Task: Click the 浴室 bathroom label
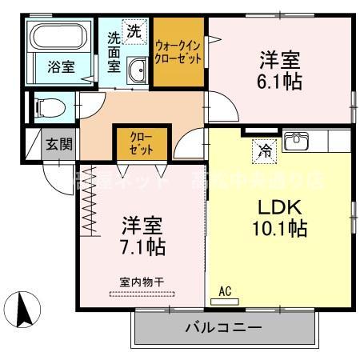coord(61,67)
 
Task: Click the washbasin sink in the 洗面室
coord(136,70)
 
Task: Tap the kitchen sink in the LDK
coord(298,141)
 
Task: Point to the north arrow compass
coord(24,309)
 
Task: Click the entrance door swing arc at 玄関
coord(58,170)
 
